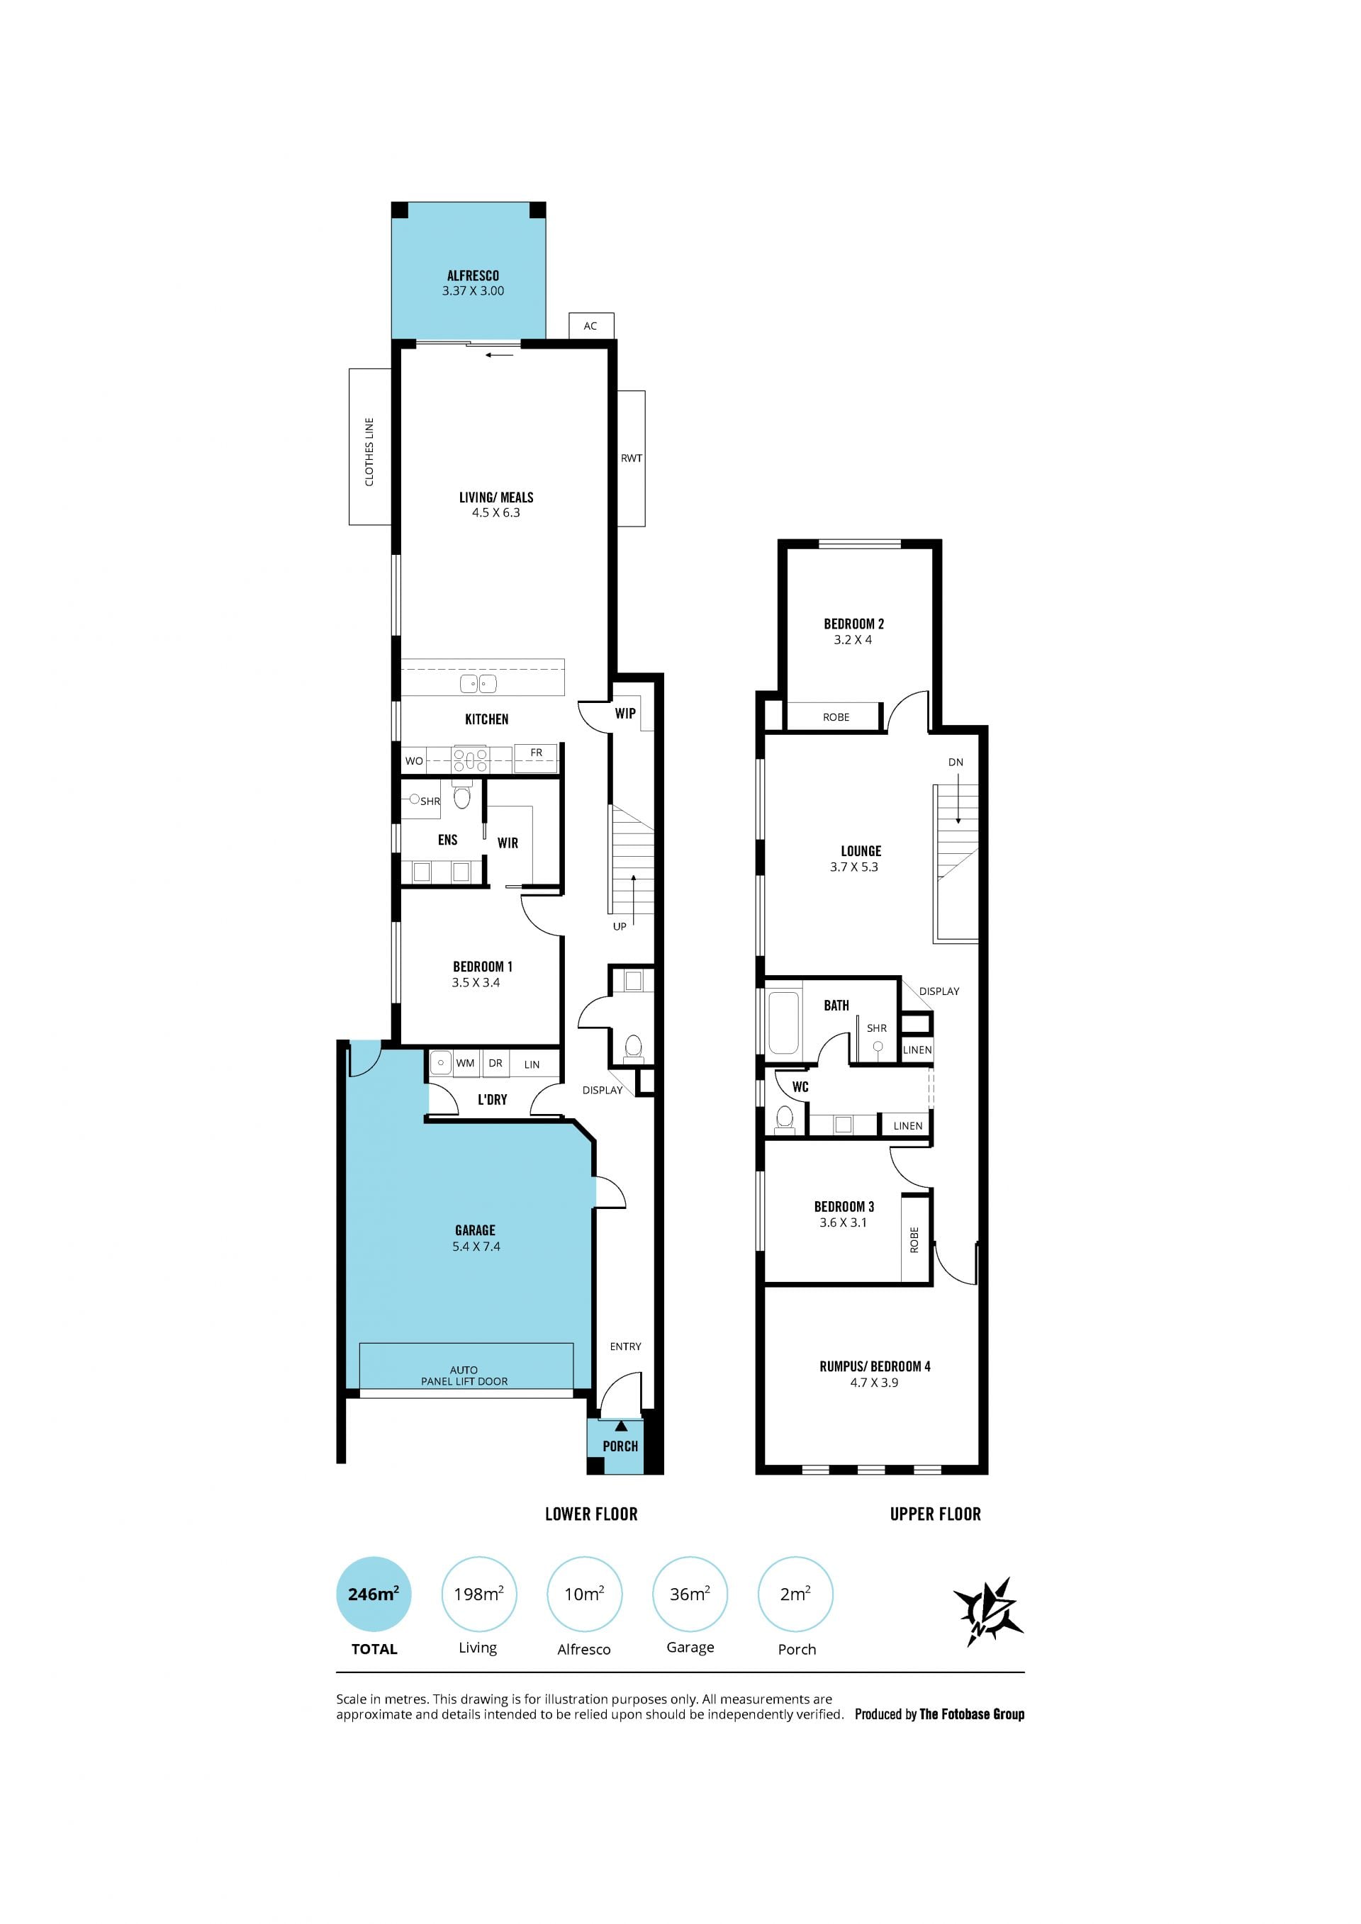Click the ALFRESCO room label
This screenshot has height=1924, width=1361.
coord(473,276)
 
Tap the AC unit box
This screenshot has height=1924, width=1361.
coord(590,325)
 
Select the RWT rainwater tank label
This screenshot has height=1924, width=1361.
coord(631,459)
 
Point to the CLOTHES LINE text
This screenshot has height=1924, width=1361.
coord(369,451)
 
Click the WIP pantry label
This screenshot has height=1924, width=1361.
coord(625,713)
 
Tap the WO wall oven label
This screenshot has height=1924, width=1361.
coord(414,761)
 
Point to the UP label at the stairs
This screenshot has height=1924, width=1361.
coord(620,926)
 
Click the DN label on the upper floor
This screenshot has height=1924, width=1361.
coord(956,762)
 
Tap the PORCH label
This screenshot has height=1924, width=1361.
coord(620,1446)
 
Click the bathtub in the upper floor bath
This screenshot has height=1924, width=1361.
coord(785,1023)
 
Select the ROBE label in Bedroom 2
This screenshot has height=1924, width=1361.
coord(836,717)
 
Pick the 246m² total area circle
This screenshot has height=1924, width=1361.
coord(374,1594)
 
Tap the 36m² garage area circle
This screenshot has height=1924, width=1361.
coord(690,1594)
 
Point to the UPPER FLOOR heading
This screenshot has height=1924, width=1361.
coord(935,1514)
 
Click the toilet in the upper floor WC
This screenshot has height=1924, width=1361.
coord(785,1118)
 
